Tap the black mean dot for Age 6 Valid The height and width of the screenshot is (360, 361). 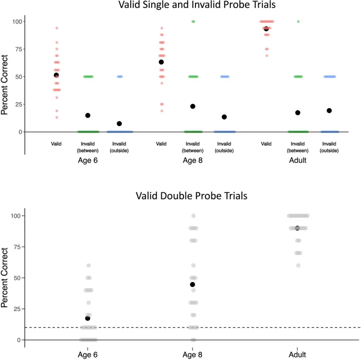click(56, 75)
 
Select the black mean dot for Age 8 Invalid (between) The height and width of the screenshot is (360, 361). click(193, 106)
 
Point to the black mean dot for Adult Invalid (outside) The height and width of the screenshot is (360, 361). click(329, 111)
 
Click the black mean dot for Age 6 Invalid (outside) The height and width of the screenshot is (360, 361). click(119, 124)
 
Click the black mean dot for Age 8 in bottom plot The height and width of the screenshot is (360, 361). click(193, 285)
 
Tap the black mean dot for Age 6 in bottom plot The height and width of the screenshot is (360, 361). click(87, 318)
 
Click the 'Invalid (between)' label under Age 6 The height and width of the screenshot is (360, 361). click(88, 147)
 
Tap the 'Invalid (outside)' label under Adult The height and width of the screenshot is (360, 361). click(329, 147)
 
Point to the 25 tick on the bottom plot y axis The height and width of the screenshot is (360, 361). click(17, 309)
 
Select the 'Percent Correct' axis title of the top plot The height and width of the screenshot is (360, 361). click(5, 84)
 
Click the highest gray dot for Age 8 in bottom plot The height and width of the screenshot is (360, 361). click(193, 216)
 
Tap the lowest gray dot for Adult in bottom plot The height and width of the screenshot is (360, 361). click(298, 265)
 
